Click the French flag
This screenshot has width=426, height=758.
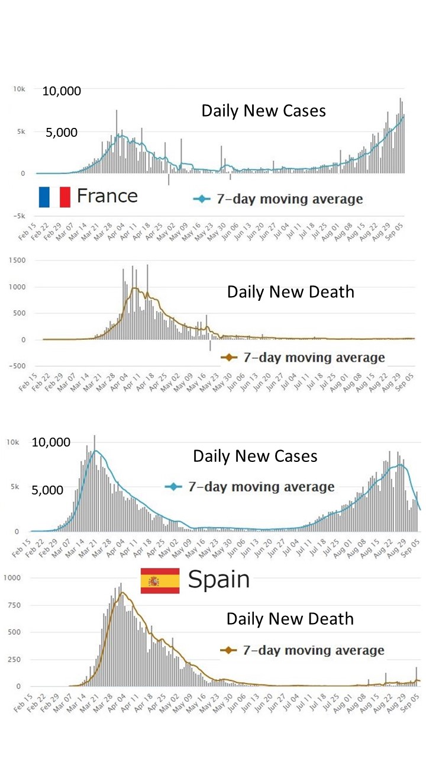pyautogui.click(x=54, y=197)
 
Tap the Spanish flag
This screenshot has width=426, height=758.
pyautogui.click(x=160, y=580)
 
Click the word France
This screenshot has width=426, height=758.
pyautogui.click(x=107, y=195)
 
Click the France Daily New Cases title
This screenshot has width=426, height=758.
pyautogui.click(x=263, y=111)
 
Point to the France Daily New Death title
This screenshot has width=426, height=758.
pyautogui.click(x=291, y=292)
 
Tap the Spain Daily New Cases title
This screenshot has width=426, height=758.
pyautogui.click(x=255, y=457)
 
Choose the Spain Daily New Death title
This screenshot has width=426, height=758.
pyautogui.click(x=290, y=619)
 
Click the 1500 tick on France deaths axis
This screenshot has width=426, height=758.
pyautogui.click(x=19, y=261)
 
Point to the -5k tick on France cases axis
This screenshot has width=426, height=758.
pyautogui.click(x=19, y=216)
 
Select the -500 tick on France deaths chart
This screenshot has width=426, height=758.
pyautogui.click(x=19, y=365)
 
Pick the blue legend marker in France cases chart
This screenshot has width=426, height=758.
pyautogui.click(x=202, y=199)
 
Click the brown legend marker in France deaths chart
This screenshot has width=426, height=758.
pyautogui.click(x=228, y=358)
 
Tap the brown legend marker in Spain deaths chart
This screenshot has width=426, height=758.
pyautogui.click(x=228, y=651)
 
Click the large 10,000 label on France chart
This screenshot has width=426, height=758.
pyautogui.click(x=62, y=91)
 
